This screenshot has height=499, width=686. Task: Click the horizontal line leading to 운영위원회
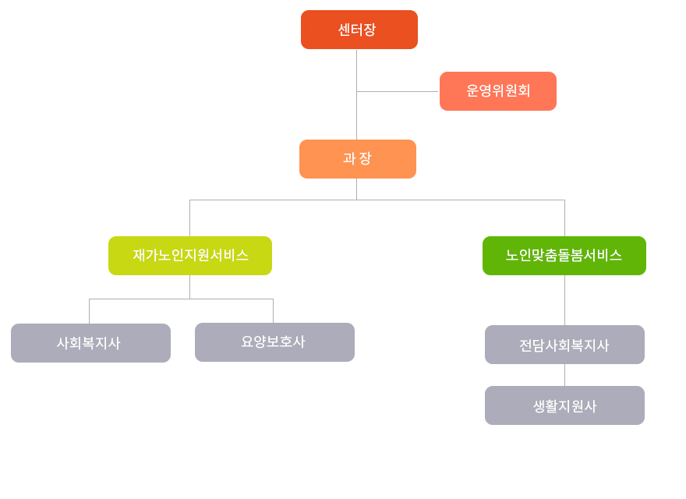point(398,91)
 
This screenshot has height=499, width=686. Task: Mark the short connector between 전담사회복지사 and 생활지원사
point(564,375)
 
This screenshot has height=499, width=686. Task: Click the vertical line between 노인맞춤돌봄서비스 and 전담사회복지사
point(564,300)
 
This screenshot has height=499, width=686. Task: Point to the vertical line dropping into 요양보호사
point(273,311)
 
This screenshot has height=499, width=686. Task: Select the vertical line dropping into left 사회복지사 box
point(89,311)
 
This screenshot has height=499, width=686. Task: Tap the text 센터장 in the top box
point(357,30)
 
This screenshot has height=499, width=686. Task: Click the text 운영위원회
point(498,91)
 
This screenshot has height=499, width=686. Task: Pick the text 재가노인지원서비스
point(190,256)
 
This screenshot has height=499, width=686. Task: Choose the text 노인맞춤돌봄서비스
point(564,256)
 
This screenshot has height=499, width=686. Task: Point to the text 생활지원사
point(564,406)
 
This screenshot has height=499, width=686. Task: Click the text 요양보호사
point(273,342)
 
